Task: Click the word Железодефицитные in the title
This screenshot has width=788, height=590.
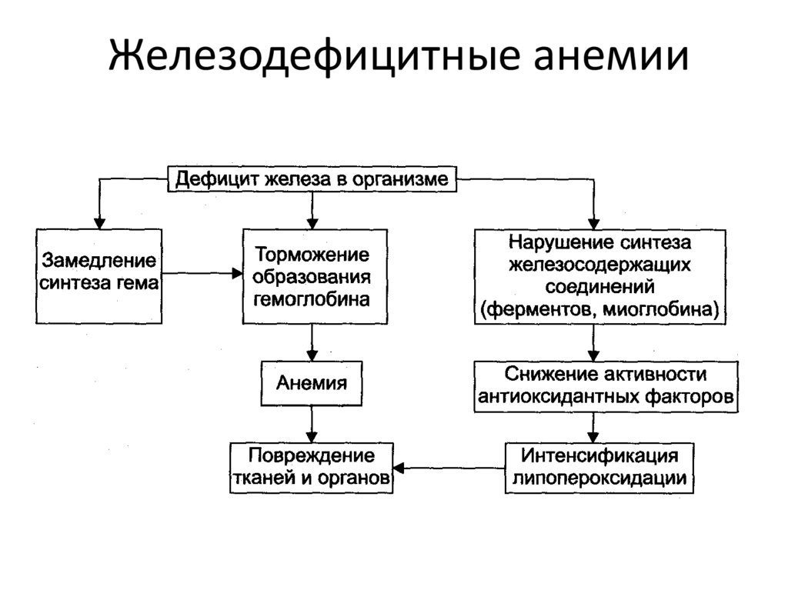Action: pyautogui.click(x=315, y=55)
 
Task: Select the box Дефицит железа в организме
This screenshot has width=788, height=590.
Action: pyautogui.click(x=312, y=179)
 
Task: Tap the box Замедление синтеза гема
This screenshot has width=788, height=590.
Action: pyautogui.click(x=99, y=276)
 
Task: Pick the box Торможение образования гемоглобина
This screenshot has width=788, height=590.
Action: pyautogui.click(x=315, y=276)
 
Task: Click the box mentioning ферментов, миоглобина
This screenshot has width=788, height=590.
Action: pyautogui.click(x=600, y=276)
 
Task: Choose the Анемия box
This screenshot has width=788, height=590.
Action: pyautogui.click(x=312, y=383)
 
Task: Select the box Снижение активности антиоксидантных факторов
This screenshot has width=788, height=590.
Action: pyautogui.click(x=606, y=386)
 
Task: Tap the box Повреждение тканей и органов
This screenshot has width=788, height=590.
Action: pyautogui.click(x=312, y=468)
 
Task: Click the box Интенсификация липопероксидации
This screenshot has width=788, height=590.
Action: pyautogui.click(x=599, y=468)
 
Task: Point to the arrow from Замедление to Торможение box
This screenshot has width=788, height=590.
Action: pyautogui.click(x=202, y=273)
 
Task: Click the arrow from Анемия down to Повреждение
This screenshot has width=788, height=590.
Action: pyautogui.click(x=312, y=424)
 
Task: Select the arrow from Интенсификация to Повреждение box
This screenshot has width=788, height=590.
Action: pyautogui.click(x=449, y=468)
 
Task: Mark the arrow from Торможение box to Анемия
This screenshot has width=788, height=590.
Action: pyautogui.click(x=312, y=342)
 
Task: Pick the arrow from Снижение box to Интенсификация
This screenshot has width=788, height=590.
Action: pyautogui.click(x=593, y=428)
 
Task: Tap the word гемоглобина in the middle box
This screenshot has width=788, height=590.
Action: pyautogui.click(x=312, y=299)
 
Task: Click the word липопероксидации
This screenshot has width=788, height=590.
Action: pyautogui.click(x=599, y=478)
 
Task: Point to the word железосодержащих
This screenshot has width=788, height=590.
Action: pyautogui.click(x=599, y=265)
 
